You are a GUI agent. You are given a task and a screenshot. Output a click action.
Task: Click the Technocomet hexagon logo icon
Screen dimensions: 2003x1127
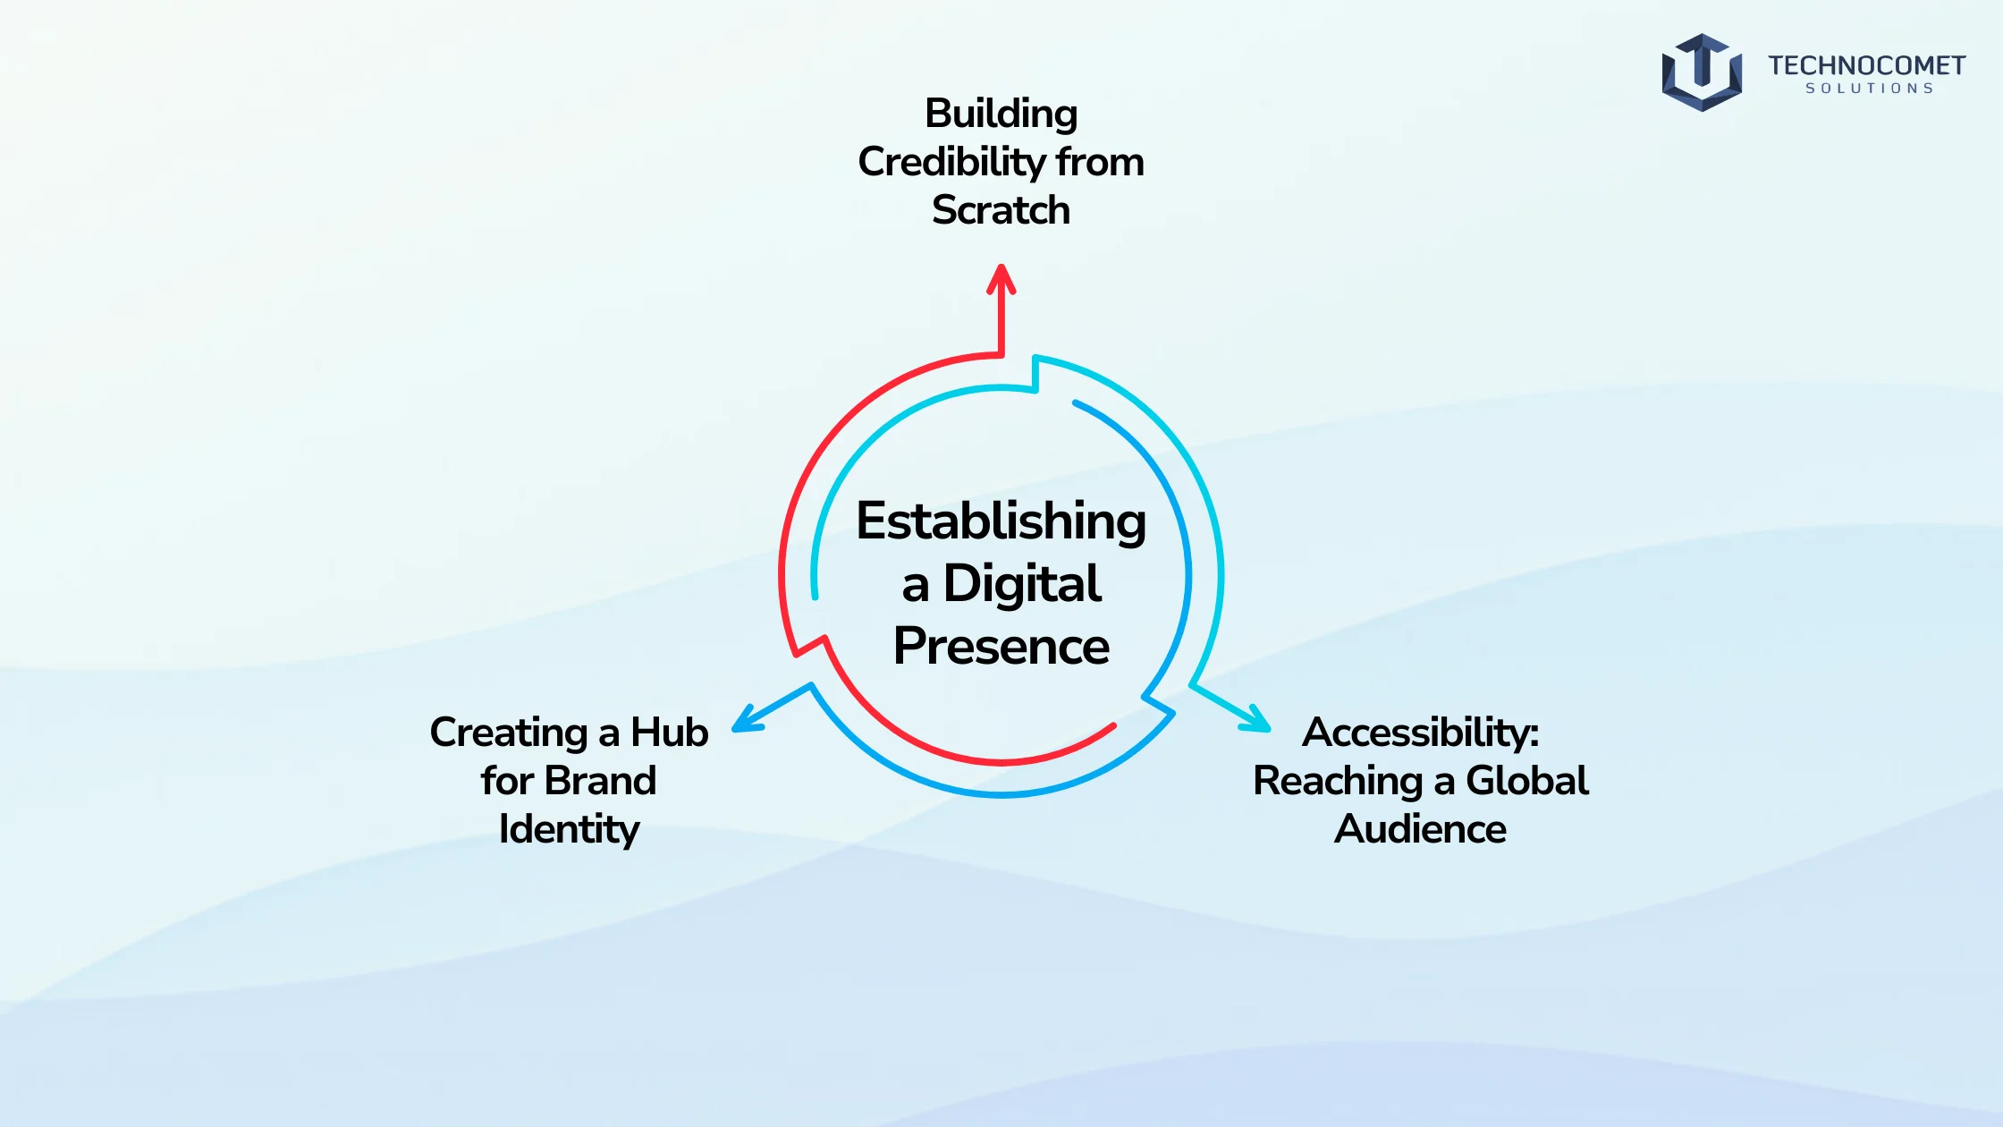tap(1702, 72)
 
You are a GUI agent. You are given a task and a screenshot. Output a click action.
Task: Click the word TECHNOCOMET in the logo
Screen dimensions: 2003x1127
tap(1866, 65)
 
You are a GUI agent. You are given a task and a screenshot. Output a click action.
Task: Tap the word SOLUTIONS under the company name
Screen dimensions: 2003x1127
tap(1869, 89)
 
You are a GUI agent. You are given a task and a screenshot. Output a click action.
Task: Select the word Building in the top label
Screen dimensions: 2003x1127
tap(1001, 114)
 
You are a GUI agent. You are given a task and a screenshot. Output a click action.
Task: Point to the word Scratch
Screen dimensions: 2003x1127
tap(1001, 210)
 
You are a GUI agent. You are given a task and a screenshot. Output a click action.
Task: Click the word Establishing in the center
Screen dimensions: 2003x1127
tap(1001, 521)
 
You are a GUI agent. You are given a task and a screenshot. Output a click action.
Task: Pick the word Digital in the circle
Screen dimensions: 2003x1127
tap(1023, 583)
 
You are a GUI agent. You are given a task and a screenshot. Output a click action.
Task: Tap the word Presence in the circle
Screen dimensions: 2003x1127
tap(1001, 646)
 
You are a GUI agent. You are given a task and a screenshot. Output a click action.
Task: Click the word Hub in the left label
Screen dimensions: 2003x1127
tap(670, 732)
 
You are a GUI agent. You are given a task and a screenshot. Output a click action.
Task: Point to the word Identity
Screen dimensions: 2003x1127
tap(570, 829)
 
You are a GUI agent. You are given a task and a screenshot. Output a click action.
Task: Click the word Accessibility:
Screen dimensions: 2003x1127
tap(1421, 733)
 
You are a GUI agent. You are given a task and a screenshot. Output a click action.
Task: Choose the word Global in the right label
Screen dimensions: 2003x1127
tap(1527, 780)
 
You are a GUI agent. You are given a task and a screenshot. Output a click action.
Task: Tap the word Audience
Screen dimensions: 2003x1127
tap(1421, 828)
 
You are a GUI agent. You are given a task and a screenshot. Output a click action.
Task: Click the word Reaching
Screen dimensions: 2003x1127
tap(1338, 782)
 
